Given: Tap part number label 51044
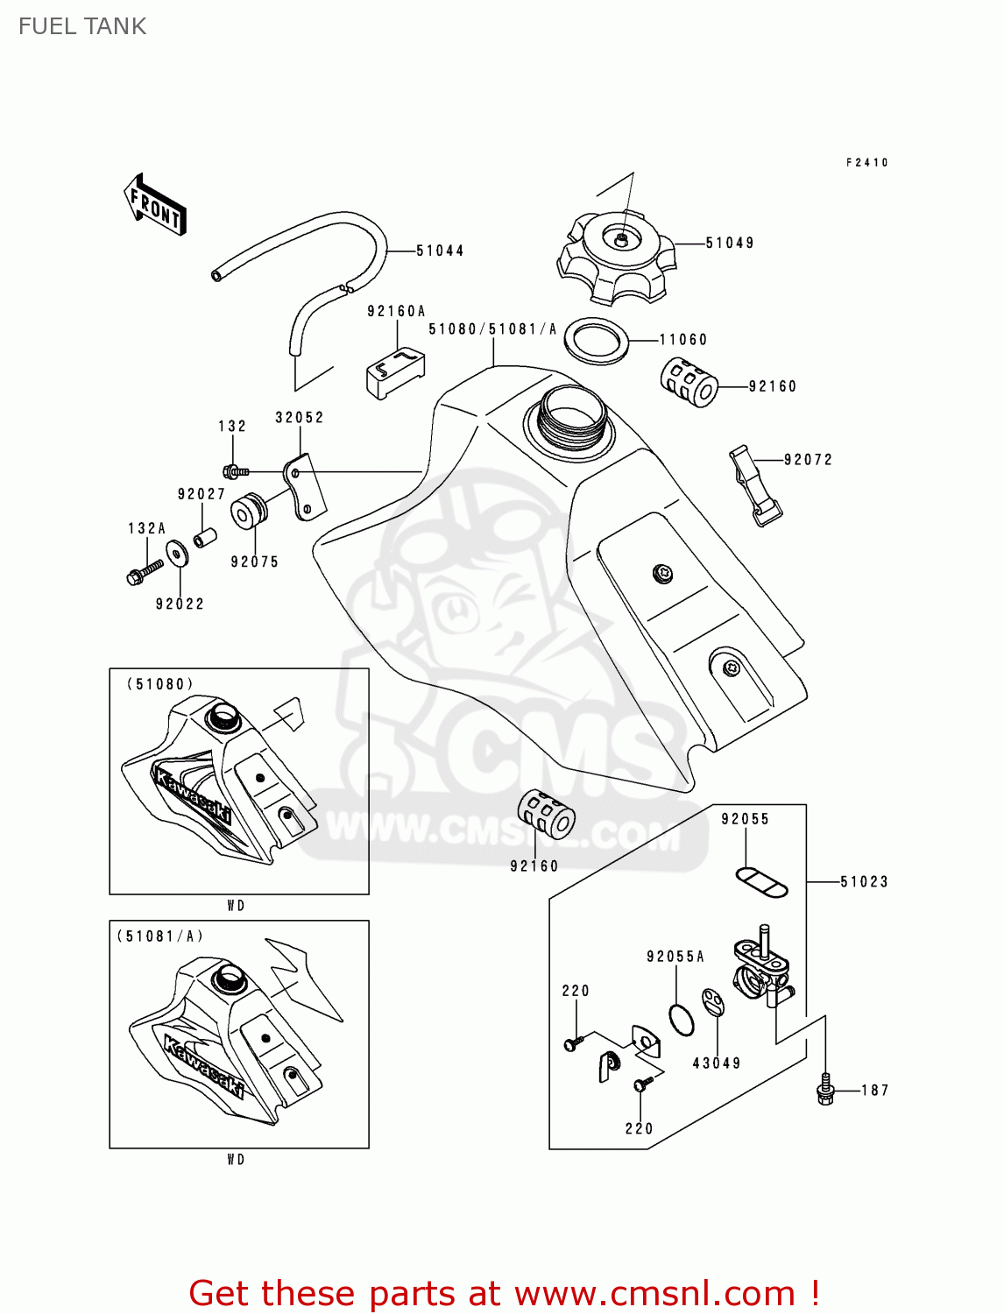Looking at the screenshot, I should [440, 251].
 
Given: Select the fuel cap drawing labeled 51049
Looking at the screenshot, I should [618, 255].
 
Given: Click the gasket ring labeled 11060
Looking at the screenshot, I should [597, 341].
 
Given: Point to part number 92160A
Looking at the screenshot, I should [396, 311].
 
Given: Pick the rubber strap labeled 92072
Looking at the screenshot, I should [754, 485].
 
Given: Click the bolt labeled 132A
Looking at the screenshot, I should [145, 572].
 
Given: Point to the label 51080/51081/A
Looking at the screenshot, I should [492, 329].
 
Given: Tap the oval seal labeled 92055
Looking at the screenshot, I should [761, 881].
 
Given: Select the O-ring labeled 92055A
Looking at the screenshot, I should [681, 1020].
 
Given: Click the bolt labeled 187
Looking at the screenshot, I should [824, 1089].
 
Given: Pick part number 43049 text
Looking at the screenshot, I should [717, 1063].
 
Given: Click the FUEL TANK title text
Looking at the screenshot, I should [82, 26].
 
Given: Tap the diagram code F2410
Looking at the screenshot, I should [867, 162].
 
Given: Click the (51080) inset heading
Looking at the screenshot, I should [160, 684].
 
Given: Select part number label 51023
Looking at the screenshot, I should [864, 881].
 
